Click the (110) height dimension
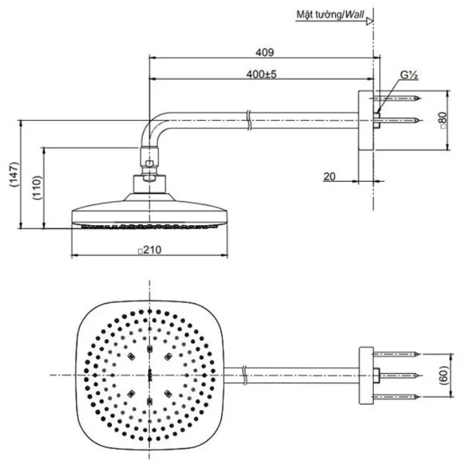click(x=37, y=188)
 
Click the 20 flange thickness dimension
click(x=330, y=176)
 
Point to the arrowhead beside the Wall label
click(x=370, y=20)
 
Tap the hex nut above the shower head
click(x=151, y=164)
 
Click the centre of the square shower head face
click(x=151, y=374)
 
